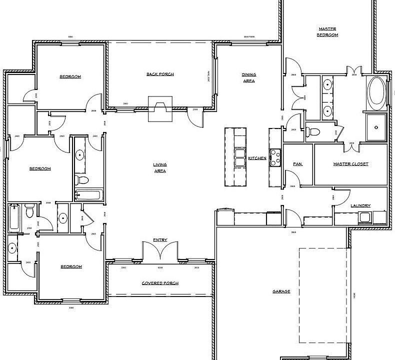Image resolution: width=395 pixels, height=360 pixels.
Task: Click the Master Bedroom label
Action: tap(328, 32)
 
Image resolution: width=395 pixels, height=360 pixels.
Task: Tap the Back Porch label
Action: tap(160, 74)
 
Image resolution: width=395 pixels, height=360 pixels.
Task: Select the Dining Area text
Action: tap(249, 77)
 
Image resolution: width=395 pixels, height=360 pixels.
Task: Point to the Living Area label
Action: tap(160, 167)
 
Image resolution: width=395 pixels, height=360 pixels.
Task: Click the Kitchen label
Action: tap(257, 158)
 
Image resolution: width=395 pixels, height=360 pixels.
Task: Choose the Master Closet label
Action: tap(350, 164)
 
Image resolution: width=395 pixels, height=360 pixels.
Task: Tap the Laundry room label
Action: tap(360, 205)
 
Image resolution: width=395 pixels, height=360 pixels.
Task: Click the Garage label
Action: tap(281, 291)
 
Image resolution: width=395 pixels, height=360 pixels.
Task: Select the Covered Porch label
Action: tap(160, 283)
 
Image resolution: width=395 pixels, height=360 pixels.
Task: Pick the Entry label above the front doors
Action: tap(160, 240)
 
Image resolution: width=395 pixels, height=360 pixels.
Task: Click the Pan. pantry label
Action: tap(297, 164)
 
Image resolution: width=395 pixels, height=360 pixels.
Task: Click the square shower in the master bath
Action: tap(376, 127)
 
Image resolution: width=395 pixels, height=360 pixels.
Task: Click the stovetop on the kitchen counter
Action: tap(275, 157)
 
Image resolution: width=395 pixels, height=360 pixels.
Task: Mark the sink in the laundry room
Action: tap(364, 217)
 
